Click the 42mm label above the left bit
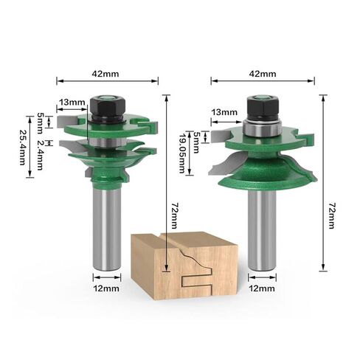105,74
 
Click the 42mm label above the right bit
263,74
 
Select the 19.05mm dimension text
183,153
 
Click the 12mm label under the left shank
106,288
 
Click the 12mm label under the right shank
262,288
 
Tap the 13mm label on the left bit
72,103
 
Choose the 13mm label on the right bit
224,112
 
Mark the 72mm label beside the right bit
332,216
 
